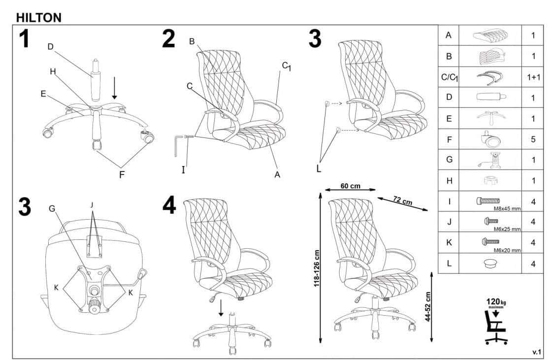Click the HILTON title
coord(39,18)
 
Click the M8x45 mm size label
coord(507,208)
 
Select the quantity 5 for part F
coord(533,139)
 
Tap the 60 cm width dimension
coord(350,186)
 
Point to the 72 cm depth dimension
coord(402,200)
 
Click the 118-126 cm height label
coord(317,268)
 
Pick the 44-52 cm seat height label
coord(428,306)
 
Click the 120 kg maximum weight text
coord(496,302)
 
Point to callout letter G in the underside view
coord(52,209)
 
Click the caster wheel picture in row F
coord(489,139)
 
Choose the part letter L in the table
coord(449,263)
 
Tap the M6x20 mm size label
coord(507,250)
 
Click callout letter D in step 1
coord(50,46)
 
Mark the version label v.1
coord(537,352)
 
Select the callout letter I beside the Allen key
coord(183,170)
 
